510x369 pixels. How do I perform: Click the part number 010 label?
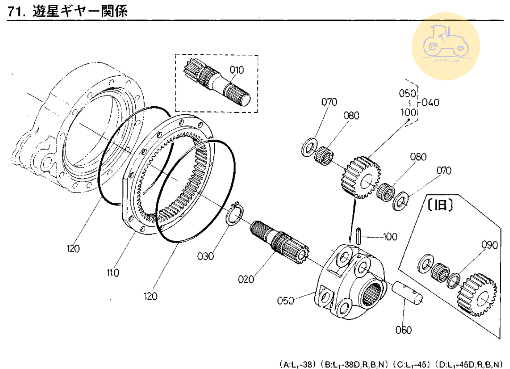pyautogui.click(x=237, y=70)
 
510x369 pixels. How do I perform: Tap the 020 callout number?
pyautogui.click(x=246, y=279)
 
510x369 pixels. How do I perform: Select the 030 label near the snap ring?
pyautogui.click(x=205, y=256)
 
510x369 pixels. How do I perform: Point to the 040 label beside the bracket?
pyautogui.click(x=431, y=103)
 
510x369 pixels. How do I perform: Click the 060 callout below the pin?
pyautogui.click(x=403, y=330)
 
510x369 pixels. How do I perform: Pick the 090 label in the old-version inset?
pyautogui.click(x=490, y=245)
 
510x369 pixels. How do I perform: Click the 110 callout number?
pyautogui.click(x=113, y=273)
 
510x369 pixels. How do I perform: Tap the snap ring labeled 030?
pyautogui.click(x=235, y=213)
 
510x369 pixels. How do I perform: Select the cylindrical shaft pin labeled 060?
pyautogui.click(x=407, y=293)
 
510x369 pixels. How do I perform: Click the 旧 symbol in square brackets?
pyautogui.click(x=440, y=205)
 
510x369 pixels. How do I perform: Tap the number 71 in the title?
pyautogui.click(x=16, y=11)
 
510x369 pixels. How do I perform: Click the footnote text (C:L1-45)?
pyautogui.click(x=412, y=364)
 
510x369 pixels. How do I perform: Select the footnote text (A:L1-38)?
pyautogui.click(x=298, y=364)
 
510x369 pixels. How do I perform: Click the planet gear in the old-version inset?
pyautogui.click(x=477, y=295)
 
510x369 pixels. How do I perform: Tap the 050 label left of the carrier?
pyautogui.click(x=286, y=300)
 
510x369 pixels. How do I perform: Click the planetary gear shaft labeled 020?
pyautogui.click(x=279, y=241)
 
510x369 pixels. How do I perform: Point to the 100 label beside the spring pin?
pyautogui.click(x=390, y=237)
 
